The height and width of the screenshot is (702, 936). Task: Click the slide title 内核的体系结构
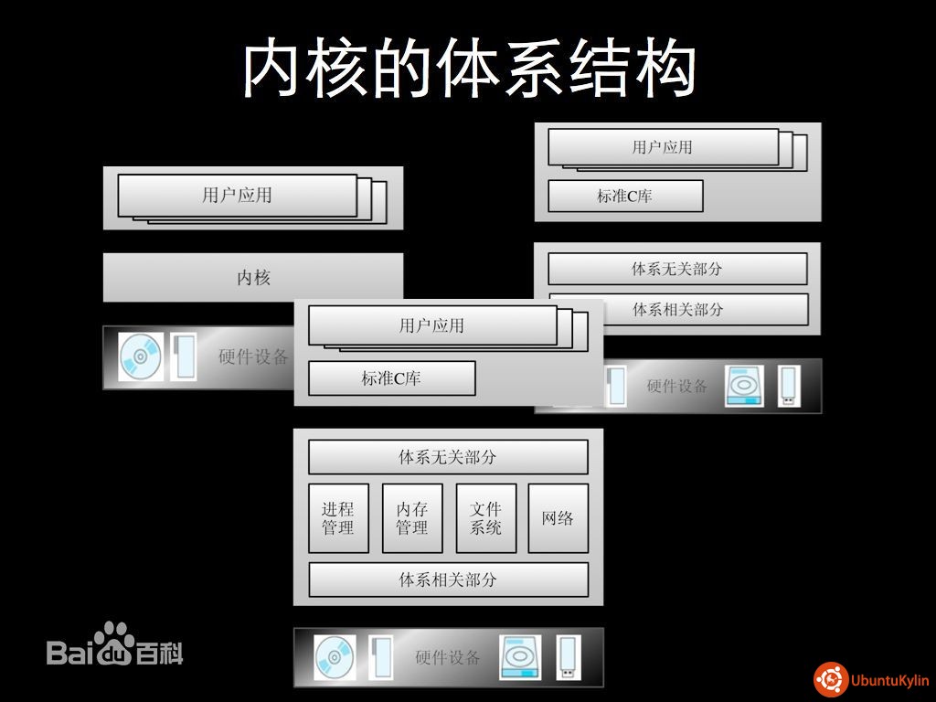469,68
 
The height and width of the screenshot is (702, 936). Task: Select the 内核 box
253,277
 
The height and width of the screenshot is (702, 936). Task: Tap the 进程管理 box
338,518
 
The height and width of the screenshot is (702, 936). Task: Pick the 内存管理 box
412,518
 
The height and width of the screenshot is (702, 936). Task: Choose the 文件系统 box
486,518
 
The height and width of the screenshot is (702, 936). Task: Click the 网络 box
558,518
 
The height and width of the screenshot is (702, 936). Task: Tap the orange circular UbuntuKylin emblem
830,680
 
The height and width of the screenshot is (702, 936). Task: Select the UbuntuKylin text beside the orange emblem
890,680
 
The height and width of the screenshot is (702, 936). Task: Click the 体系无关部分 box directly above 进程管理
448,457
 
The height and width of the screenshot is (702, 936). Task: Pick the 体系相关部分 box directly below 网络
448,580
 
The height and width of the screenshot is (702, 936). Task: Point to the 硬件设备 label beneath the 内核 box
254,357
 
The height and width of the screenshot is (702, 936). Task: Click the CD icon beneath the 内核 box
140,357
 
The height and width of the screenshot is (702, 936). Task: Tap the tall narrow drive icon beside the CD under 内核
184,357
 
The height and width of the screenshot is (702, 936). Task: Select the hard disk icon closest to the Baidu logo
520,657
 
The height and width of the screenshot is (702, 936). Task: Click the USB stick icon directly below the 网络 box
568,657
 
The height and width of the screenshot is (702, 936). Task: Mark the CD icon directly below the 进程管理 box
335,657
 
